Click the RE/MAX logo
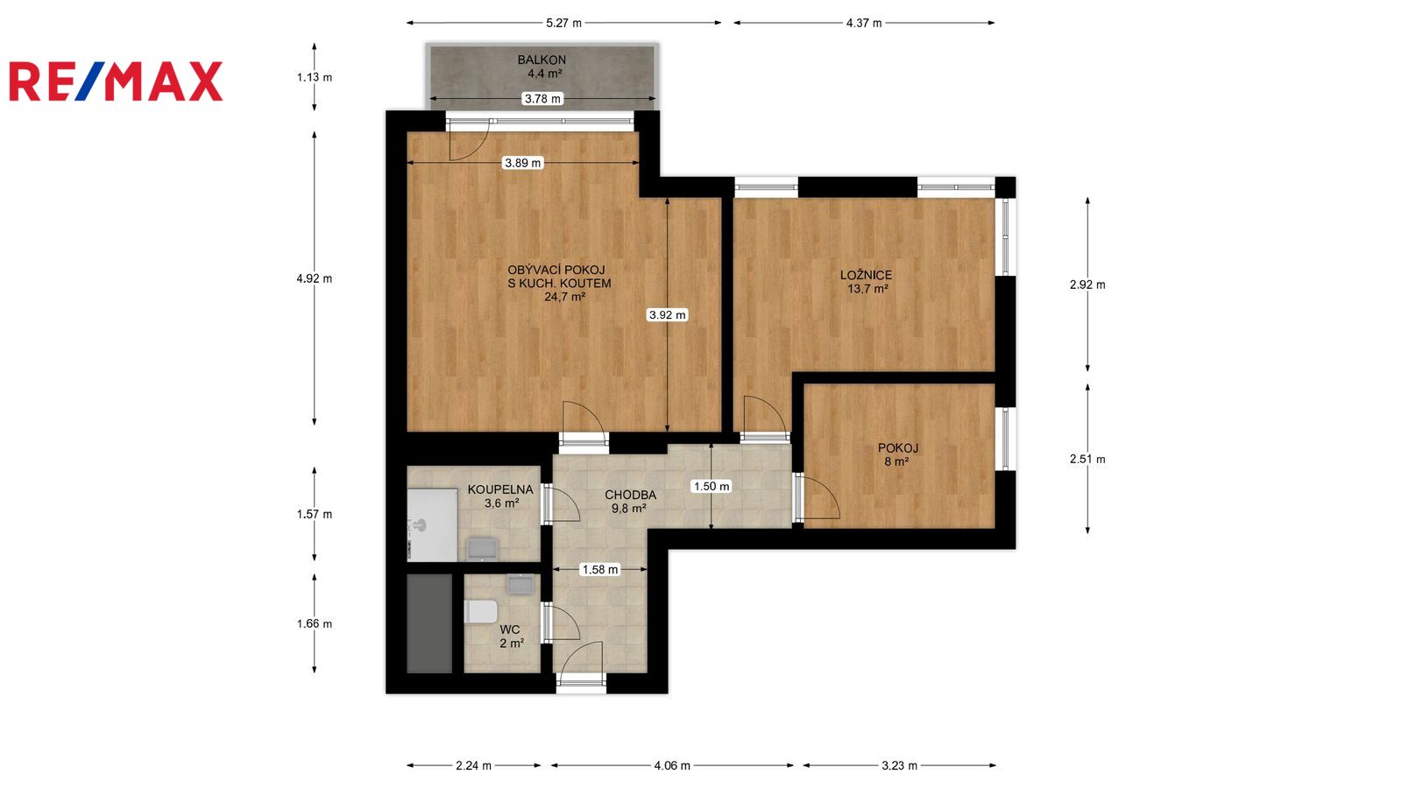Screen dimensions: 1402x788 click(x=116, y=81)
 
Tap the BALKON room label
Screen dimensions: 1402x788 click(x=542, y=60)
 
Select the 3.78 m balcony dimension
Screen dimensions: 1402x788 click(x=542, y=99)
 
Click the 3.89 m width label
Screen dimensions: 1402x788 click(x=523, y=163)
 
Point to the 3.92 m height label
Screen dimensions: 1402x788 click(x=667, y=315)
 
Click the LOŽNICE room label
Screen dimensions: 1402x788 click(x=867, y=275)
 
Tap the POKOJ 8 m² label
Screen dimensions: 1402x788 click(x=897, y=454)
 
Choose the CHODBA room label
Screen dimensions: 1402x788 click(x=630, y=496)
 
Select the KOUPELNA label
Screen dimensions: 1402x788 click(x=500, y=489)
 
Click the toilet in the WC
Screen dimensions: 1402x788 click(x=481, y=612)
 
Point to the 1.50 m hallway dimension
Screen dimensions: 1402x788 click(x=712, y=487)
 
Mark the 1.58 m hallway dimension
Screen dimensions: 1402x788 click(x=600, y=570)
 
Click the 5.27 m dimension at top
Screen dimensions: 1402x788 click(x=564, y=23)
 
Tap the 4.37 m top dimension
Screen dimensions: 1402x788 click(x=864, y=23)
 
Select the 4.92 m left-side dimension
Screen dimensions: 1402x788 click(x=315, y=279)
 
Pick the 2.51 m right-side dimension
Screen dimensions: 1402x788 click(x=1087, y=459)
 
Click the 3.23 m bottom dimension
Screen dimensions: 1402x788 click(x=899, y=765)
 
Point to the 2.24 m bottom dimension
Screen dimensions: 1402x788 click(x=473, y=765)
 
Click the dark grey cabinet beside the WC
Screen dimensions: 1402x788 click(x=429, y=624)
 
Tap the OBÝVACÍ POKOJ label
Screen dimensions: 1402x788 click(x=556, y=271)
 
